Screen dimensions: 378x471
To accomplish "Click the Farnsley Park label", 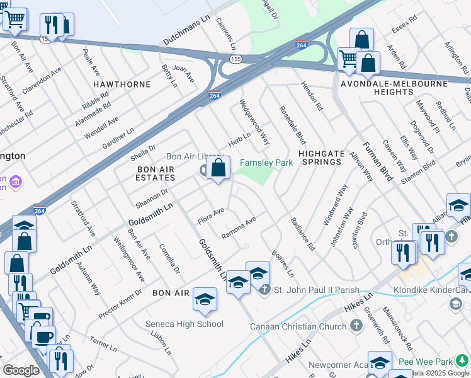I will (x=266, y=163).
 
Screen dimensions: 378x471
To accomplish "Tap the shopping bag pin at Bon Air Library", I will (x=218, y=169).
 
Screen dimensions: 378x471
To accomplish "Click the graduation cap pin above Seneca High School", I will (x=205, y=301).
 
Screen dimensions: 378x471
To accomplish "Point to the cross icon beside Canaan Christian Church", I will (x=356, y=326).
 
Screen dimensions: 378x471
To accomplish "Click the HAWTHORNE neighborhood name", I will (x=122, y=84).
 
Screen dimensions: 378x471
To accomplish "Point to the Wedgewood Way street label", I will (x=254, y=121).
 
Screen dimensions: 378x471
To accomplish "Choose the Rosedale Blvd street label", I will (x=292, y=125).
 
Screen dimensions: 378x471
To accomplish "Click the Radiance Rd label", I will (x=302, y=234).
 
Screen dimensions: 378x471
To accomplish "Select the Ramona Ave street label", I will (x=239, y=228).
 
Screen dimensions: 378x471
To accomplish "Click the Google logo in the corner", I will (x=21, y=370).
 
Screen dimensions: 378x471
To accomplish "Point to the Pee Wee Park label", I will (x=434, y=362).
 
